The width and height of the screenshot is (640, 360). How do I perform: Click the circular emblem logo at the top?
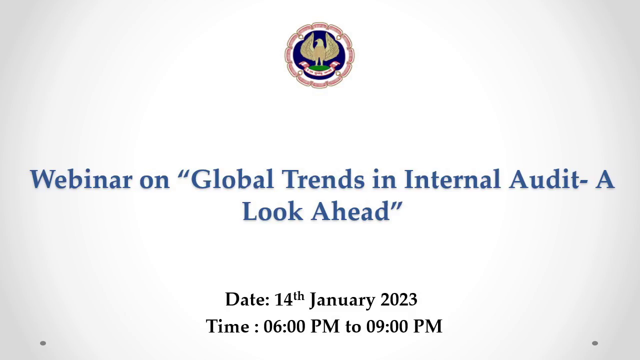(x=319, y=55)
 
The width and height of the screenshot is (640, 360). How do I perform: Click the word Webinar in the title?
(x=81, y=179)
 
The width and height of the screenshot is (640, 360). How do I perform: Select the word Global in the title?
(x=232, y=179)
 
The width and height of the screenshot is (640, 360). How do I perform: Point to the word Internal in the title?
(x=452, y=179)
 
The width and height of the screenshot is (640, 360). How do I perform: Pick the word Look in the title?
(x=272, y=211)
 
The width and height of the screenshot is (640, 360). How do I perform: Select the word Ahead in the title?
(x=350, y=211)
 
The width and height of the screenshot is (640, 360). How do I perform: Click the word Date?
(x=247, y=299)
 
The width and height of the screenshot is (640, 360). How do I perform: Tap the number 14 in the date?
(x=283, y=299)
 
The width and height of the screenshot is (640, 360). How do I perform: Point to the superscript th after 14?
(x=299, y=296)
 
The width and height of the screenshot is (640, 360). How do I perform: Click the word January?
(x=342, y=300)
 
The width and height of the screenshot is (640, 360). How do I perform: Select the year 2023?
(x=399, y=299)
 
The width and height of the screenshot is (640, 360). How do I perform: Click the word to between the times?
(x=353, y=326)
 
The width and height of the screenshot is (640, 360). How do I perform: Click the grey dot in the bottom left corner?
(x=43, y=343)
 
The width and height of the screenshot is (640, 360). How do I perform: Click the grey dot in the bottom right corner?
(x=595, y=343)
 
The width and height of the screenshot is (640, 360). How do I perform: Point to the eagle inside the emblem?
(x=319, y=49)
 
